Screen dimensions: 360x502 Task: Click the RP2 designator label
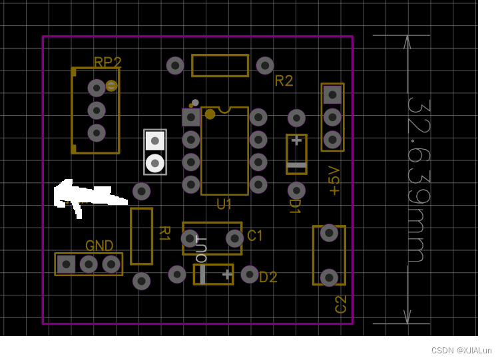(107, 63)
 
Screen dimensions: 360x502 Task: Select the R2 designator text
(284, 81)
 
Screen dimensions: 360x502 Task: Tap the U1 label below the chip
(224, 204)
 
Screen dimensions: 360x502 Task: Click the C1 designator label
(255, 236)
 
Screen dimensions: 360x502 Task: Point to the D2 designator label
(268, 277)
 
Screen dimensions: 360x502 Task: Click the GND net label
(99, 246)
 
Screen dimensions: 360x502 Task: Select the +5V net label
(334, 181)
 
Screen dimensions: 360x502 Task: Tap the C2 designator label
(340, 304)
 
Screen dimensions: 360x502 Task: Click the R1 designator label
(164, 234)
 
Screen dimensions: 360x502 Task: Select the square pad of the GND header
(66, 264)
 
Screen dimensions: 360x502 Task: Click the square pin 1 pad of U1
(191, 117)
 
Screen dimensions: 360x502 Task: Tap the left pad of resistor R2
(175, 65)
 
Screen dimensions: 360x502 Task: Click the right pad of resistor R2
(265, 65)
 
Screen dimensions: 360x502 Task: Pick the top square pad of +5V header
(332, 95)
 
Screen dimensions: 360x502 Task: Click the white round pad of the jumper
(155, 162)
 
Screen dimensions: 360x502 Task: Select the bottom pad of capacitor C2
(329, 277)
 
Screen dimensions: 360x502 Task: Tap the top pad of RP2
(97, 88)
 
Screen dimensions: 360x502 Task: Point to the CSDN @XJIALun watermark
(461, 350)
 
